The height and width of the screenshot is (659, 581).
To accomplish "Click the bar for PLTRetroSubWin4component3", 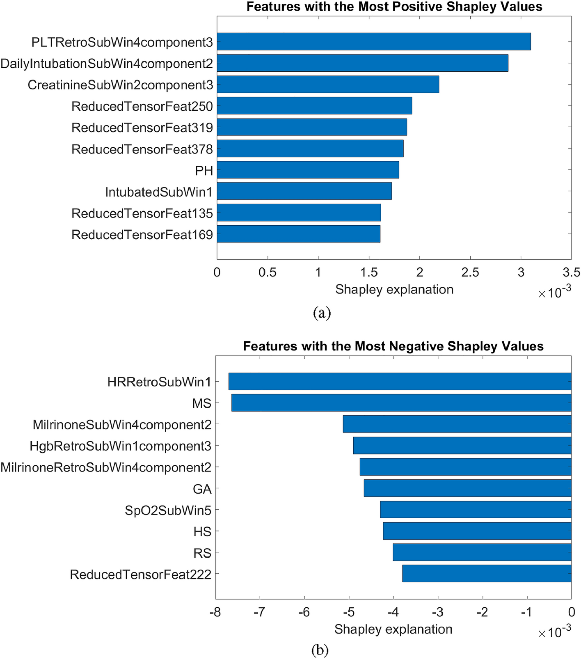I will (x=373, y=41).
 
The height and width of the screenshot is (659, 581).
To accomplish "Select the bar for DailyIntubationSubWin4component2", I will (x=362, y=63).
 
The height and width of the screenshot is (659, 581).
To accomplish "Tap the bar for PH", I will (x=308, y=169).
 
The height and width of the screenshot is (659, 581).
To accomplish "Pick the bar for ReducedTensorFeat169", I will (x=298, y=234).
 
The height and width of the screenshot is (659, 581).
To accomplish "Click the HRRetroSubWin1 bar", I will (x=400, y=381).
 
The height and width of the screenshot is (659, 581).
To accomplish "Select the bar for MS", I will (x=401, y=403).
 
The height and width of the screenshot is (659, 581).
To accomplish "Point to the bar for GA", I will (x=467, y=488).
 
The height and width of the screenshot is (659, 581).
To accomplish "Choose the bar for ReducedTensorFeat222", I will (x=487, y=574).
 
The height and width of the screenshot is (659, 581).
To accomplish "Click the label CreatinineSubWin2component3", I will (x=120, y=85).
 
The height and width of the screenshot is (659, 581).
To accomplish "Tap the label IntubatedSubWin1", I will (x=159, y=192).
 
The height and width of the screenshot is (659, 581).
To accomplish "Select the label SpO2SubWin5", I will (x=168, y=510).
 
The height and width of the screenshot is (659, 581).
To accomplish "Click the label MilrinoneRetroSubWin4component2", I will (x=106, y=467).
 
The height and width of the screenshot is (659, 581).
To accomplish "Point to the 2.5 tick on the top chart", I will (x=470, y=272).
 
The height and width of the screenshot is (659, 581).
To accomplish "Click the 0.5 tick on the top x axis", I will (x=267, y=272).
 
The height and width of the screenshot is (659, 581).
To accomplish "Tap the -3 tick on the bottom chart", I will (x=438, y=612).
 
